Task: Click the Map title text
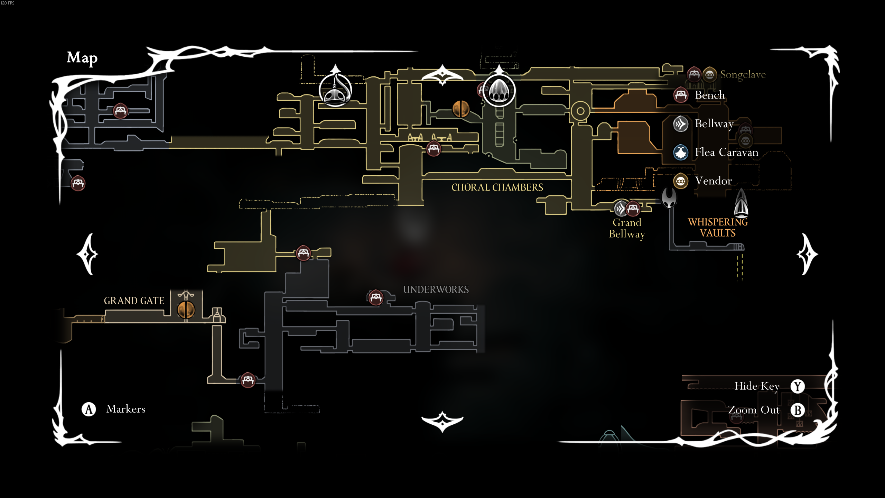click(82, 58)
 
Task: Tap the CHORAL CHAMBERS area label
click(497, 187)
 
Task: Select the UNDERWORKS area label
click(436, 289)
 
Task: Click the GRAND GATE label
click(134, 301)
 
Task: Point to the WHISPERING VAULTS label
click(718, 227)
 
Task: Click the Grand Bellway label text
click(626, 228)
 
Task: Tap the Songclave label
click(743, 74)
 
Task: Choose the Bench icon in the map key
click(681, 95)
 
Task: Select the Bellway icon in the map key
click(681, 124)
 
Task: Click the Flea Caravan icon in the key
click(681, 152)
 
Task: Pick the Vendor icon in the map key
click(681, 181)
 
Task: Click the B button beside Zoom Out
click(798, 410)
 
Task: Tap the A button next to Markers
click(89, 409)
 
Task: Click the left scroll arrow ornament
click(88, 254)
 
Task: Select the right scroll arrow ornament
click(807, 254)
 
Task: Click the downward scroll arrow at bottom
click(442, 421)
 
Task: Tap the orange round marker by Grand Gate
click(186, 309)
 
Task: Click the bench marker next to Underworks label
click(376, 297)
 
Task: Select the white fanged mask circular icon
click(499, 91)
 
